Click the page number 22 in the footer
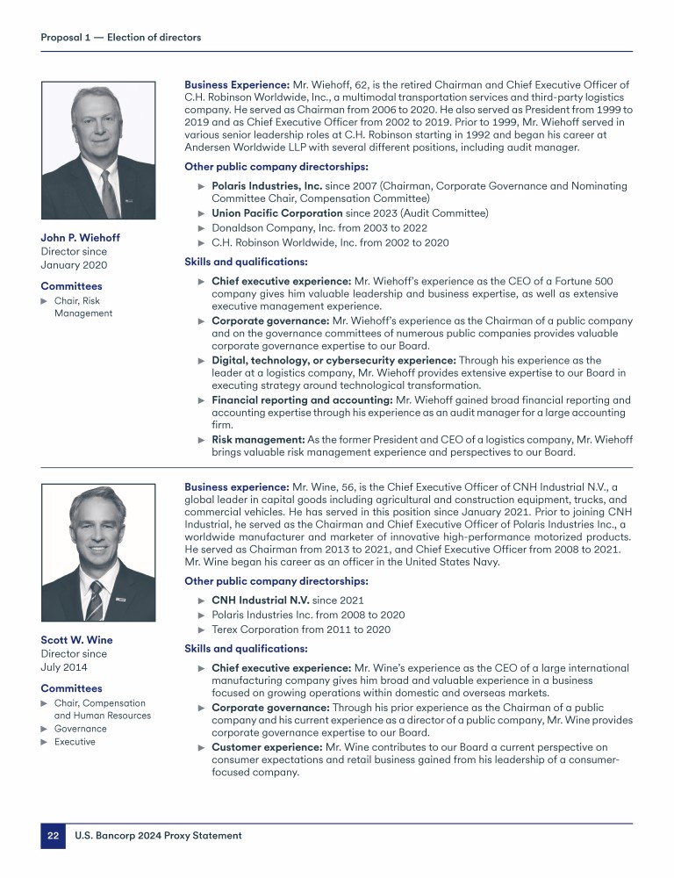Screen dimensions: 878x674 (53, 836)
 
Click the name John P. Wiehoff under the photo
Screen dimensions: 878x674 (81, 238)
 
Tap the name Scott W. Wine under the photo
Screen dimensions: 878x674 (76, 640)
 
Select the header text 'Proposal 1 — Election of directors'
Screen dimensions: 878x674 (121, 37)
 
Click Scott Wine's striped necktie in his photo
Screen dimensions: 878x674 (95, 601)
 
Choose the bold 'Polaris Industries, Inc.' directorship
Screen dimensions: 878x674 (267, 186)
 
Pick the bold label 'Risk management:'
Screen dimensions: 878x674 (258, 440)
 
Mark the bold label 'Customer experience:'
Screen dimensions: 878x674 (267, 747)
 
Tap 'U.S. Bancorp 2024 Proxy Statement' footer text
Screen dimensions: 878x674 (157, 836)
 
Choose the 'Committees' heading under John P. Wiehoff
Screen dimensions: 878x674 (71, 286)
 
